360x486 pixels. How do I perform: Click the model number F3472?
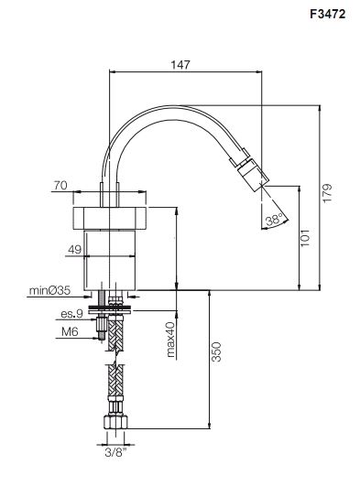(327, 14)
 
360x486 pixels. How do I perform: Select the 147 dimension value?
(180, 65)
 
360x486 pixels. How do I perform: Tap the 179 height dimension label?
(327, 194)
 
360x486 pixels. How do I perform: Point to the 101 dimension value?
(305, 238)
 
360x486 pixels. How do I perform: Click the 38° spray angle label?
(274, 221)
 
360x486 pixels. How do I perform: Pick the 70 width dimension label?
(60, 186)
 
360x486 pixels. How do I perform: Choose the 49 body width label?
(74, 250)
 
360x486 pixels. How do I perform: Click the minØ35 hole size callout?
(49, 290)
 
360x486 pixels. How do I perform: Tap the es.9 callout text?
(72, 314)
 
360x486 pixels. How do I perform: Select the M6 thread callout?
(71, 332)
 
